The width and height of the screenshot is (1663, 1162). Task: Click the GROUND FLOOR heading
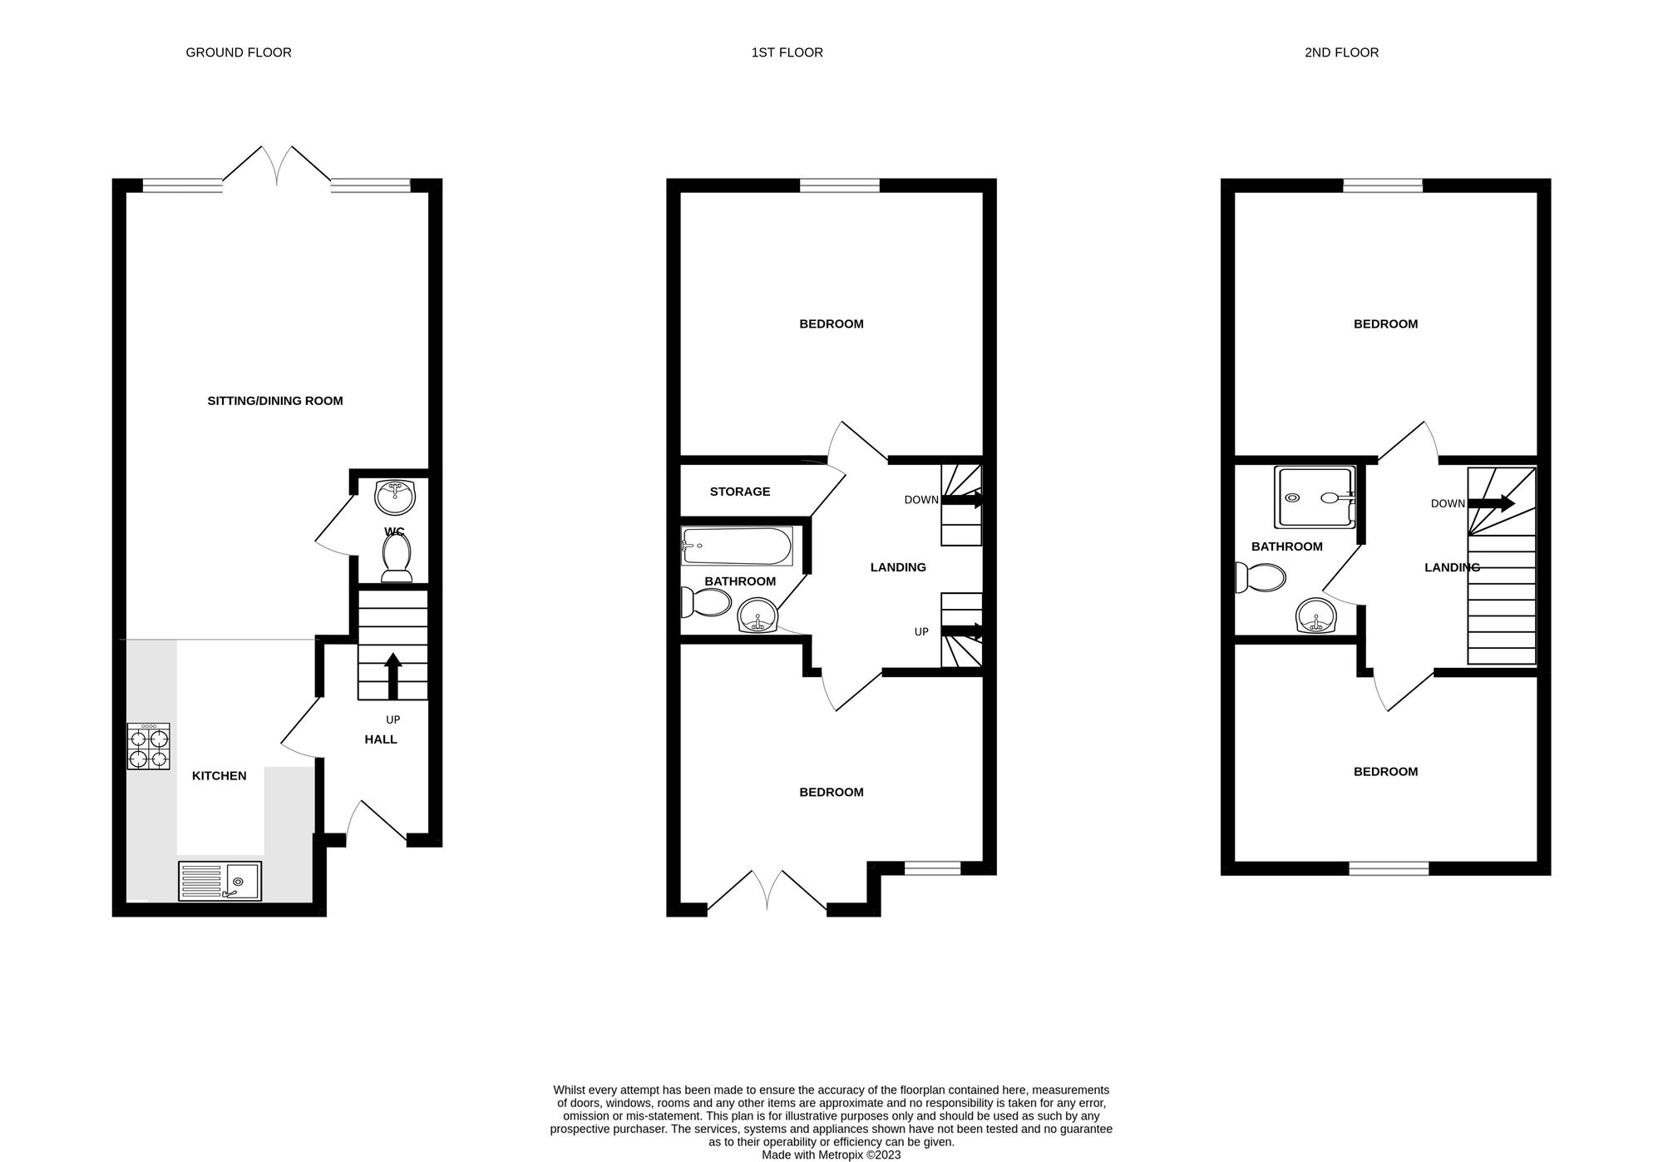pos(239,52)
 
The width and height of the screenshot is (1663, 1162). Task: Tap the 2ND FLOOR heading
pos(1341,52)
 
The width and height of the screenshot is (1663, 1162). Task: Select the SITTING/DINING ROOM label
pos(275,401)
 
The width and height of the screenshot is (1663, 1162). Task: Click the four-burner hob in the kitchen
pos(149,746)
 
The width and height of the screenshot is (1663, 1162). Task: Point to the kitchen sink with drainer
pos(220,881)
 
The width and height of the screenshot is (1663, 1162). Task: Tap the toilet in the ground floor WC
pos(397,558)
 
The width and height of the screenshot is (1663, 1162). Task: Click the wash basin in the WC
pos(395,497)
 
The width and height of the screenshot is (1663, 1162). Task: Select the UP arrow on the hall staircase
pos(393,675)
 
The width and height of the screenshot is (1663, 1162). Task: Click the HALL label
pos(381,739)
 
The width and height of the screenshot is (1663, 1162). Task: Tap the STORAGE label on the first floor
pos(740,492)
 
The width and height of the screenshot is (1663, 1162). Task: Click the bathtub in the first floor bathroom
pos(736,546)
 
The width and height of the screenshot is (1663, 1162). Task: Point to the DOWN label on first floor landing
pos(921,500)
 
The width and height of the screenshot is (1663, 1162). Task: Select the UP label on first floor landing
pos(921,632)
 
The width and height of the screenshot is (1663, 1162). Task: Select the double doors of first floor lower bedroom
pos(767,892)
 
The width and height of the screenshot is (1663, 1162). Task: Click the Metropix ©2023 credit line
pos(831,1155)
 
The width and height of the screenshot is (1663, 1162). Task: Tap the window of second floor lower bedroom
pos(1389,869)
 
